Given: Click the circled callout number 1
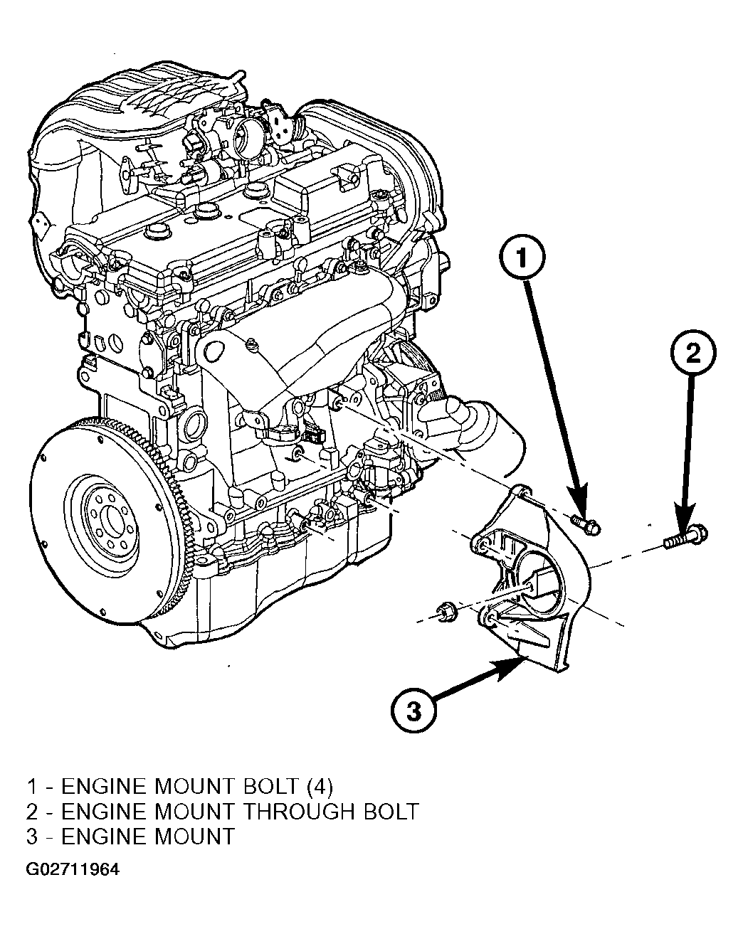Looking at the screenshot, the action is coord(522,258).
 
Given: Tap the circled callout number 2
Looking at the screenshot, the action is coord(693,353).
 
